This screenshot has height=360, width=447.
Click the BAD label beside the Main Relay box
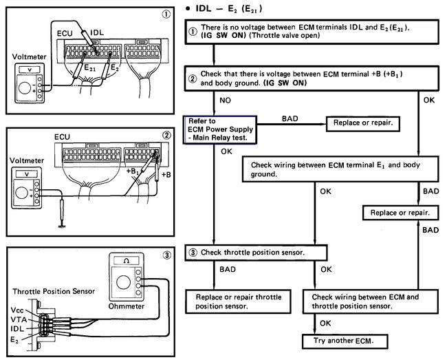(290, 119)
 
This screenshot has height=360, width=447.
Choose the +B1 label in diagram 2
(134, 170)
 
